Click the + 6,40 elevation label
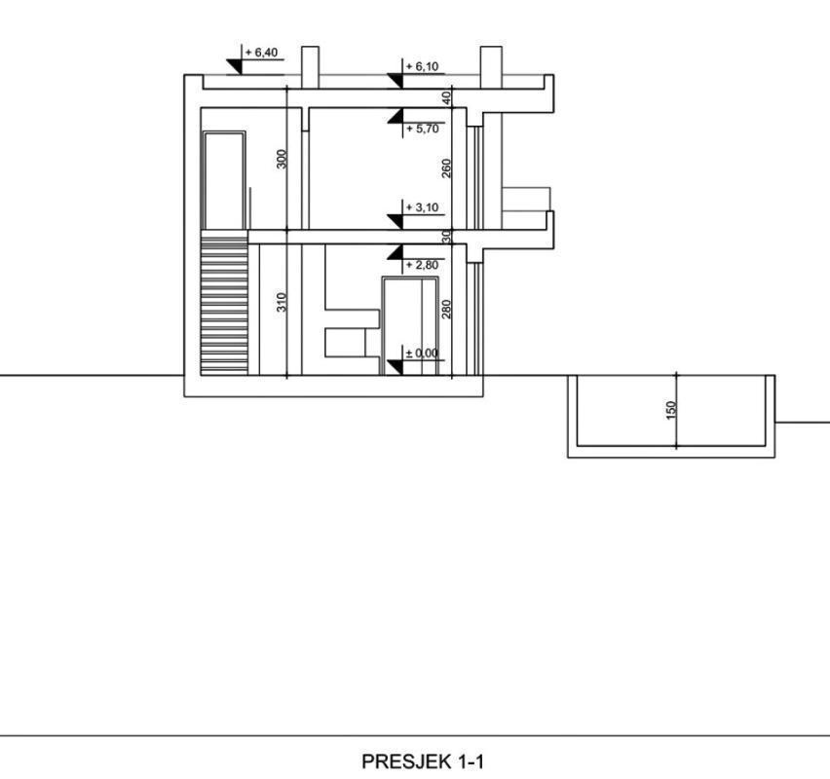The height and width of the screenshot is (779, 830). [261, 53]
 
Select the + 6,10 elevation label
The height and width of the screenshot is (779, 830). [422, 66]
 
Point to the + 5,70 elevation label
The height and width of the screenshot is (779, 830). [422, 129]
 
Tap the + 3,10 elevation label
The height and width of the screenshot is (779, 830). [422, 207]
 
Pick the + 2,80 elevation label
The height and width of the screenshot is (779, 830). [422, 265]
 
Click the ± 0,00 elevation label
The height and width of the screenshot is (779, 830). [422, 352]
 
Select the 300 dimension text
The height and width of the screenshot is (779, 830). [282, 160]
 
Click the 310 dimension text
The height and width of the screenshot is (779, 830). [282, 302]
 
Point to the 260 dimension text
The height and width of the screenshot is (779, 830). [446, 168]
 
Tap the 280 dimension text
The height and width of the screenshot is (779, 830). [446, 309]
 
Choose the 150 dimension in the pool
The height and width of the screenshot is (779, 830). [671, 411]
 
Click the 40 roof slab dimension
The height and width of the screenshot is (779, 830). [446, 98]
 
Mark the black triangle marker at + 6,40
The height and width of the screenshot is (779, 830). [235, 66]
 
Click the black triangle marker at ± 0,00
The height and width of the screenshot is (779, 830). [395, 367]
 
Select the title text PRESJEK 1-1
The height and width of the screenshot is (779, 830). [423, 761]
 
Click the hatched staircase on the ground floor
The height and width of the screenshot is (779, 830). [224, 306]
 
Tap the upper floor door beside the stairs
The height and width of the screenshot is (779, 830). [225, 180]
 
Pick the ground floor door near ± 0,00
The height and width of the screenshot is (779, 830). [411, 325]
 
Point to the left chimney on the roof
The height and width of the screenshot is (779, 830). [310, 67]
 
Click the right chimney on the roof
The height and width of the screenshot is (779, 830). [491, 67]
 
